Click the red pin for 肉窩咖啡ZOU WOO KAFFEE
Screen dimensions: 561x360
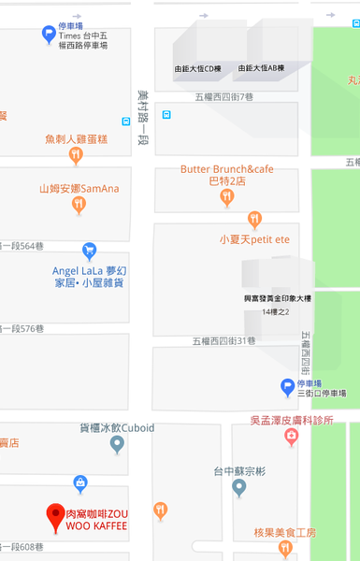55,514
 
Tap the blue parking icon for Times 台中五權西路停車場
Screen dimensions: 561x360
49,35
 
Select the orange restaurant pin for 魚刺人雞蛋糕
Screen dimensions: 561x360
77,155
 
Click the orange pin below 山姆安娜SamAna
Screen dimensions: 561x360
80,205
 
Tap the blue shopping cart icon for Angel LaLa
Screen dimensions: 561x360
90,251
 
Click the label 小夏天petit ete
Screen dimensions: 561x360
254,239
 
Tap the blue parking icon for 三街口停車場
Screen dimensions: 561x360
288,385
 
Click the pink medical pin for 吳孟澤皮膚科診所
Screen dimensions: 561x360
292,438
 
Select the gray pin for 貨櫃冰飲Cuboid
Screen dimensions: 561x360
117,444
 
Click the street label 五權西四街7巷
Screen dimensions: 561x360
223,96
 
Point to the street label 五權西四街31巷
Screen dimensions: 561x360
223,341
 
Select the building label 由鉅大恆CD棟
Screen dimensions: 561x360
197,68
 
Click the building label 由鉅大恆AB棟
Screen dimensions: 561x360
261,68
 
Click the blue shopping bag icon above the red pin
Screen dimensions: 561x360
80,482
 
